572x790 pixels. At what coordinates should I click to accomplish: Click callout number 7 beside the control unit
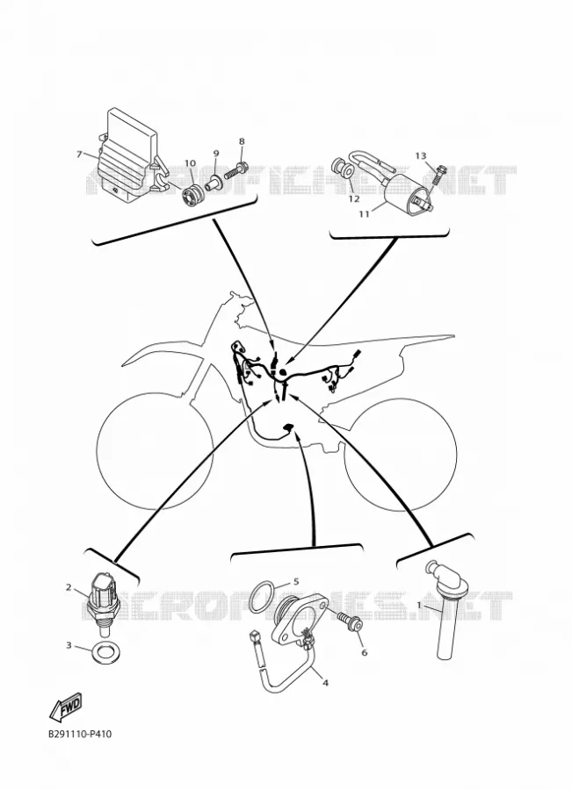coord(79,154)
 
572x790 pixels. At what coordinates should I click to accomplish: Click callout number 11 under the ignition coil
coord(364,213)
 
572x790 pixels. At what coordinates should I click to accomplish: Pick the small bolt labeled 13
coord(438,175)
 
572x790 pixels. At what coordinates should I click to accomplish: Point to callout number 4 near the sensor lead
coord(325,683)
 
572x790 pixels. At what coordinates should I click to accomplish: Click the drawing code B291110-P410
coord(80,734)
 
